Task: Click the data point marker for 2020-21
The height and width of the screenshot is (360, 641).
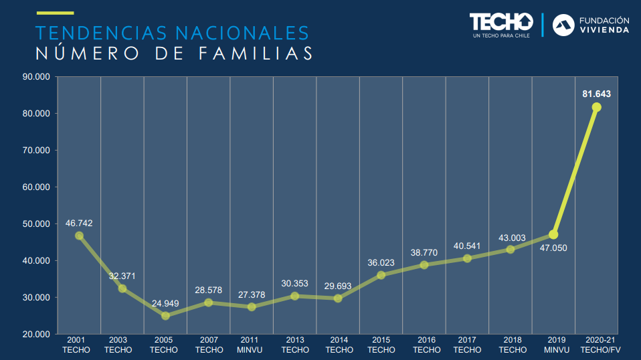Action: coord(596,107)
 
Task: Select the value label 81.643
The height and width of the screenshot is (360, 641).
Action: coord(596,94)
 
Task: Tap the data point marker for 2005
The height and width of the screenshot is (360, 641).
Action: coord(165,315)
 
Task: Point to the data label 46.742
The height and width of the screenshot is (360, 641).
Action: coord(79,223)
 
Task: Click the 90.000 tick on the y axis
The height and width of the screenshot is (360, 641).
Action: coord(37,77)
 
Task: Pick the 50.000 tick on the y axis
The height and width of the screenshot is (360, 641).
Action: coord(37,224)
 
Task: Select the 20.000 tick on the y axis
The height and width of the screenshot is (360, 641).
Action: coord(37,334)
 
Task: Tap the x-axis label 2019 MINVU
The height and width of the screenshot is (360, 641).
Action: coord(553,345)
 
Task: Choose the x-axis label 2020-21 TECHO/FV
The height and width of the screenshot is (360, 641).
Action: coord(596,345)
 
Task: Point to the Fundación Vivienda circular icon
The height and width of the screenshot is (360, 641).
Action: coord(563,25)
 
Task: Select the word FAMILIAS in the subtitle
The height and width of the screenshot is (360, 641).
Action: coord(254,54)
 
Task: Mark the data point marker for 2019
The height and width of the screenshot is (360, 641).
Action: coord(553,234)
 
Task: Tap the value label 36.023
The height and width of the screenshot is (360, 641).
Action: coord(381,263)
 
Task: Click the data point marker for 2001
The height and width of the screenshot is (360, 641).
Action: coord(79,236)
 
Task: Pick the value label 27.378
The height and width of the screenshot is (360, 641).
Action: coord(252,295)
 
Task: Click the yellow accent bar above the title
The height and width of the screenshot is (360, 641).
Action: coord(55,13)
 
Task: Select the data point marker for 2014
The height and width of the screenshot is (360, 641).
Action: coord(338,298)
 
